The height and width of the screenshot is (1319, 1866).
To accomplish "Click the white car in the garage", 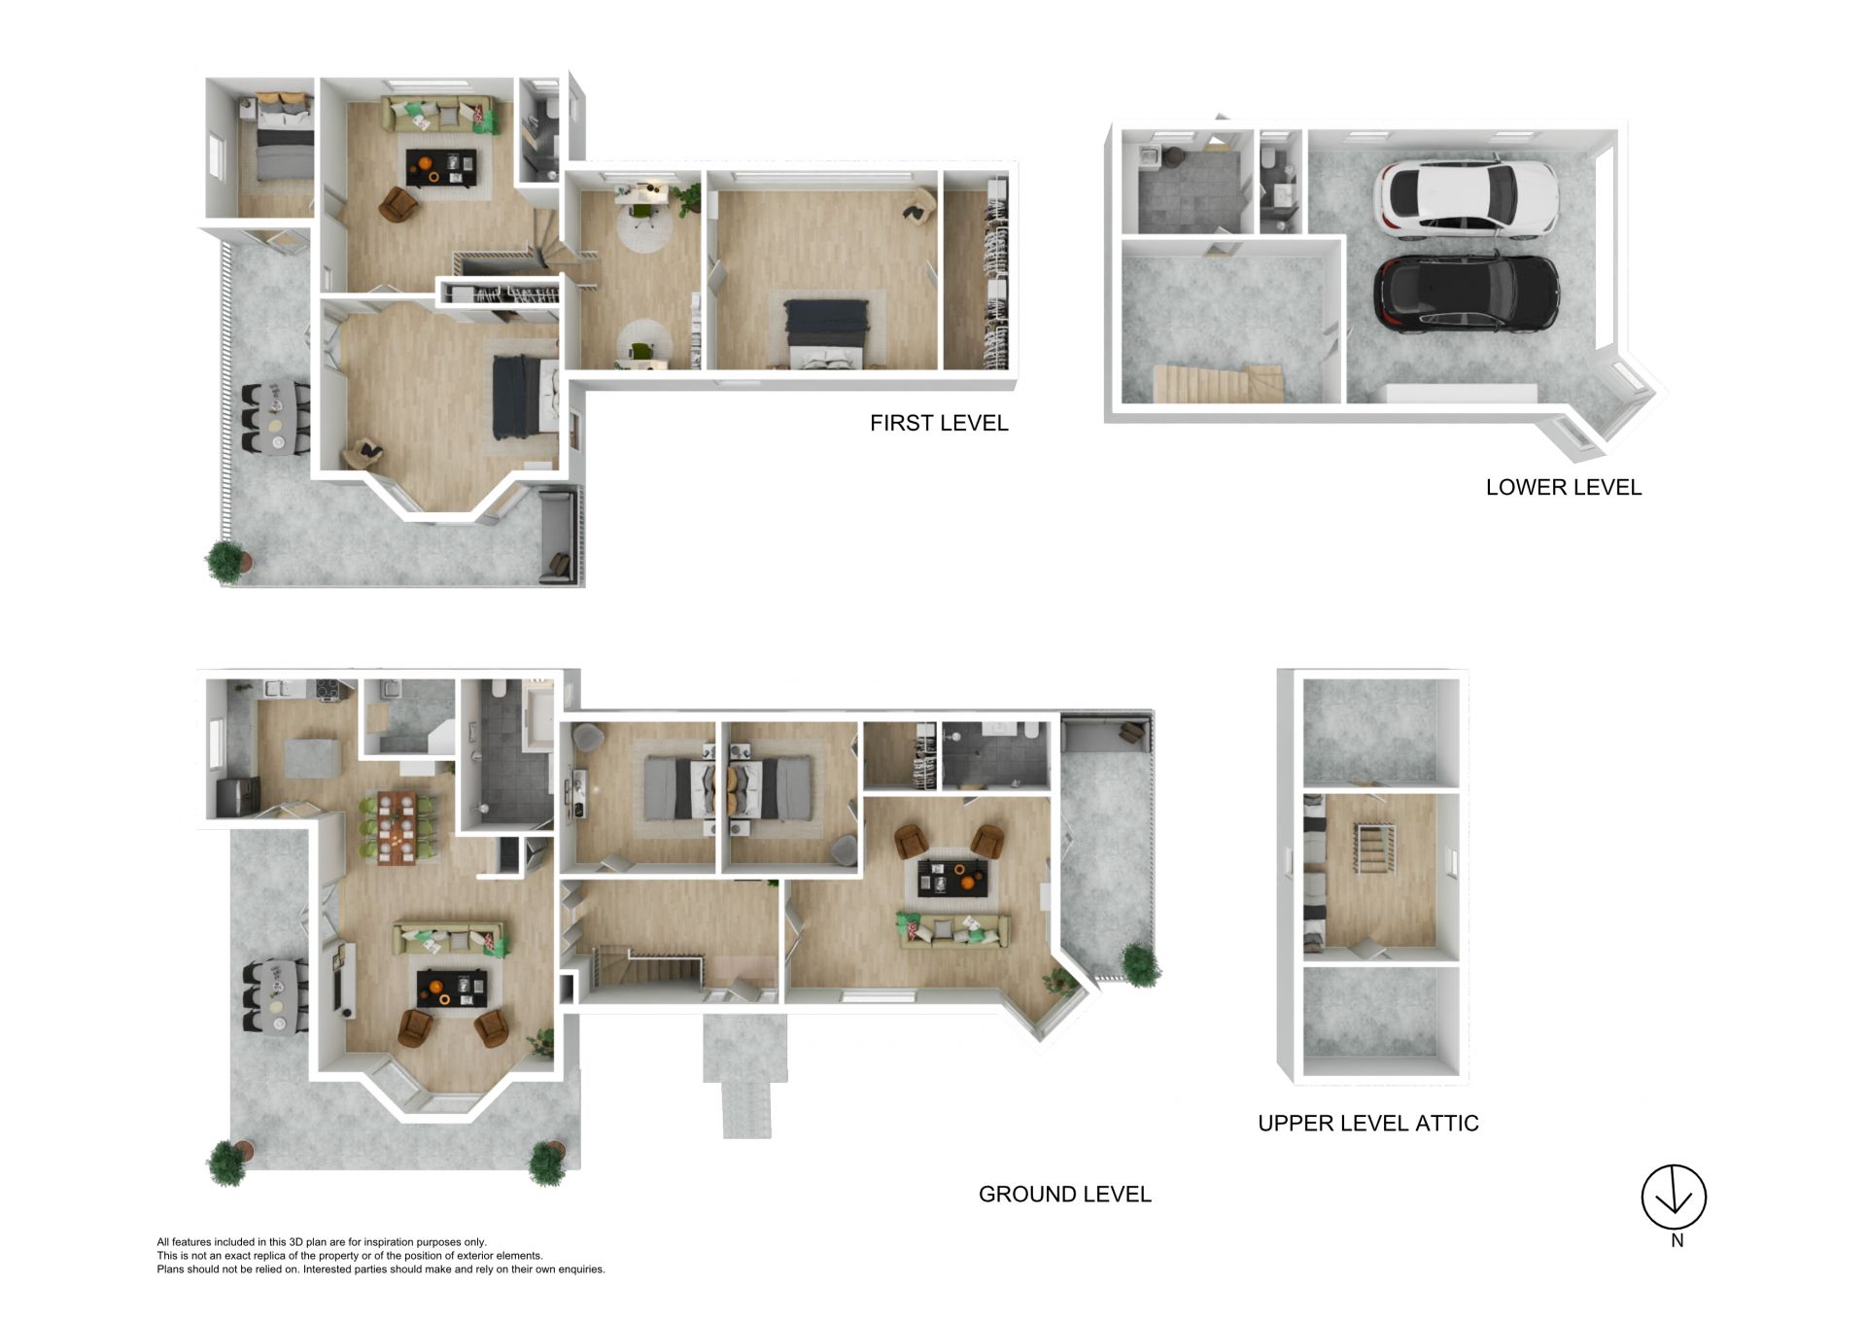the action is (1466, 199).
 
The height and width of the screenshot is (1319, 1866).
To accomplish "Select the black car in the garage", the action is (1466, 294).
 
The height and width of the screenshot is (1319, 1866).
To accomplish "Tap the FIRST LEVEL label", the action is (939, 423).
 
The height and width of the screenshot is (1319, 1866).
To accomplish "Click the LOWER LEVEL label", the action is (1564, 487).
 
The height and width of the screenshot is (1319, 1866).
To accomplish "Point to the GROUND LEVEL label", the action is (1064, 1194).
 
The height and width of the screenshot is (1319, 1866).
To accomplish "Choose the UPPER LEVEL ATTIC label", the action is (1368, 1123).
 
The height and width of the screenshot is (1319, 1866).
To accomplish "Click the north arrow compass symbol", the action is (1674, 1197).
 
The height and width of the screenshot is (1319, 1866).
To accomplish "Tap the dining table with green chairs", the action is (397, 827).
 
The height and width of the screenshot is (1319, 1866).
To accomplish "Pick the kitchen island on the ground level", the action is (312, 758).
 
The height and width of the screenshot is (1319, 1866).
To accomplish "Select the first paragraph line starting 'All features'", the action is (322, 1241).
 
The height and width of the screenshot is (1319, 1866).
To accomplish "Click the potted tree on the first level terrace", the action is (228, 562).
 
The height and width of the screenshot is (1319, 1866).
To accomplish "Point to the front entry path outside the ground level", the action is (745, 1075).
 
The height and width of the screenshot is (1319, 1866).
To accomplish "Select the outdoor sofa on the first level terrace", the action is (557, 537).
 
